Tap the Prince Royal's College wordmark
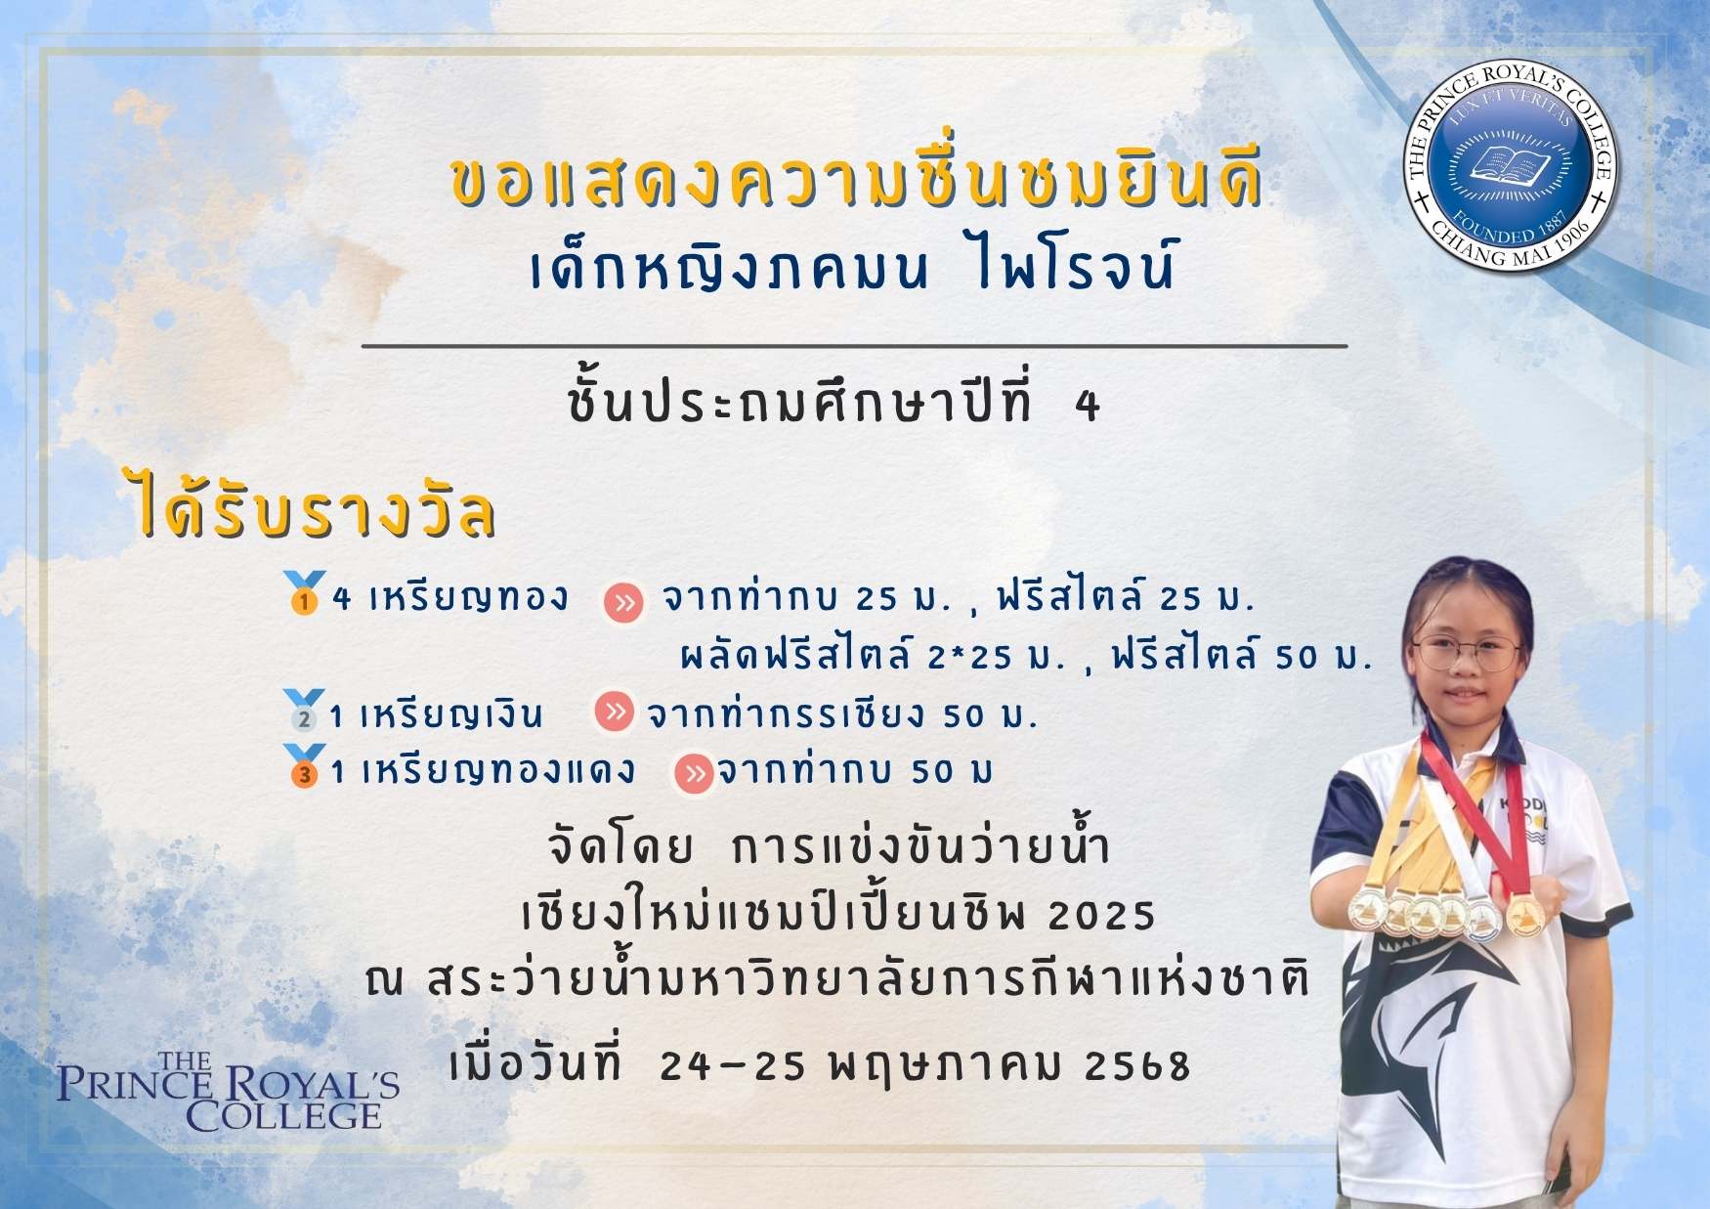(228, 1091)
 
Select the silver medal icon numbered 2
(303, 711)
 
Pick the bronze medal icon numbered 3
(304, 766)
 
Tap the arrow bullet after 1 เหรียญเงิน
(615, 712)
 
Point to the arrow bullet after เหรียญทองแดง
(694, 774)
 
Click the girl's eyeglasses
(1467, 654)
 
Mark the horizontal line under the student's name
(854, 346)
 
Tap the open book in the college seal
(1511, 163)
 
